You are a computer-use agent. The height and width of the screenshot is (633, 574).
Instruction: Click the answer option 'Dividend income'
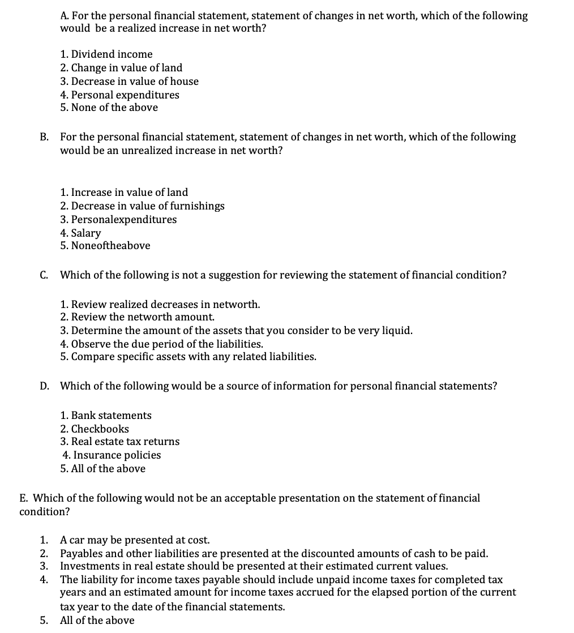coord(106,54)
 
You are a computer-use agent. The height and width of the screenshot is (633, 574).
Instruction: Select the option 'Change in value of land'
coord(121,68)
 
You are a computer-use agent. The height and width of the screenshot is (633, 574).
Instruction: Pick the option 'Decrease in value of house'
coord(129,82)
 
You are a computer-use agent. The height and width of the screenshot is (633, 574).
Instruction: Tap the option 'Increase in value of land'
coord(124,193)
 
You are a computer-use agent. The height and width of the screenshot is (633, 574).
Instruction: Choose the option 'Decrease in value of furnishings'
coord(142,206)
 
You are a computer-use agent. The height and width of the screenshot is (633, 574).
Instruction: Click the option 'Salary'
coord(80,233)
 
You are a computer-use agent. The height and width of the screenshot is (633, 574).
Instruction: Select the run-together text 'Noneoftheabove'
coord(105,246)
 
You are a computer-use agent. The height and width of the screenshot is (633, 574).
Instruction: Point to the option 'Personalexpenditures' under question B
coord(118,220)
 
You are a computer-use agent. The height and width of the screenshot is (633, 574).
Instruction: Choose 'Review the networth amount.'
coord(138,318)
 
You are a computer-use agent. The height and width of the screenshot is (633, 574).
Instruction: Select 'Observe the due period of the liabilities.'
coord(161,344)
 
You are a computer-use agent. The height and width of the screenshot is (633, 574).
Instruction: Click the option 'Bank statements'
coord(106,416)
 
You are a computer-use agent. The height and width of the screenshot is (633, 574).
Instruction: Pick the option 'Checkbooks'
coord(95,429)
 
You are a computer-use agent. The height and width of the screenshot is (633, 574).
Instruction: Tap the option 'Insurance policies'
coord(112,455)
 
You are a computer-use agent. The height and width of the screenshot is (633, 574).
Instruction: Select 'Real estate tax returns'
coord(120,442)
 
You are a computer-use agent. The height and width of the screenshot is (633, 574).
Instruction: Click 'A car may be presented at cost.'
coord(135,540)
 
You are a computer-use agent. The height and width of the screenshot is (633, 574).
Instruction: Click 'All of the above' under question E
coord(97,620)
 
